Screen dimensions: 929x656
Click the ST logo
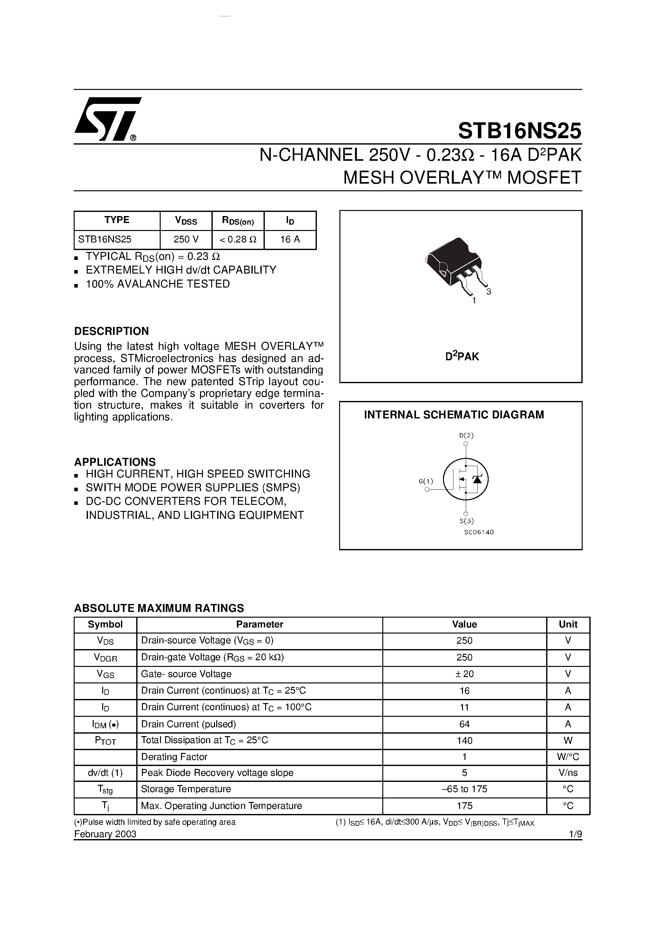pyautogui.click(x=106, y=119)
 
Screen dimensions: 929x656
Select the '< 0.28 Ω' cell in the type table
pyautogui.click(x=238, y=240)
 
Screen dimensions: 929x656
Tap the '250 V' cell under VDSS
pyautogui.click(x=186, y=240)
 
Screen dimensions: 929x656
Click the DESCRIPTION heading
pyautogui.click(x=111, y=331)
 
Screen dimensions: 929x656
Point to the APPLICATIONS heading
pyautogui.click(x=115, y=462)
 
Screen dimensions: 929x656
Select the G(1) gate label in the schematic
pyautogui.click(x=425, y=481)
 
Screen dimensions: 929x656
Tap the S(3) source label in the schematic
pyautogui.click(x=466, y=521)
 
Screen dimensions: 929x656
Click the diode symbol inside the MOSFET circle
pyautogui.click(x=478, y=479)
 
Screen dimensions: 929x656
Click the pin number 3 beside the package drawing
pyautogui.click(x=489, y=292)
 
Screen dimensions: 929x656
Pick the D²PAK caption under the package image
pyautogui.click(x=462, y=356)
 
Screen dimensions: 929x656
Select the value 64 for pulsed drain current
pyautogui.click(x=464, y=724)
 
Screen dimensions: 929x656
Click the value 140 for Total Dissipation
pyautogui.click(x=464, y=741)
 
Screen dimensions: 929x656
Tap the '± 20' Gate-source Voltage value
pyautogui.click(x=464, y=674)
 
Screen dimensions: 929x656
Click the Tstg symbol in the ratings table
pyautogui.click(x=105, y=790)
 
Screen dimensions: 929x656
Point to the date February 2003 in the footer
pyautogui.click(x=105, y=834)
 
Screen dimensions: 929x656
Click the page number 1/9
pyautogui.click(x=575, y=834)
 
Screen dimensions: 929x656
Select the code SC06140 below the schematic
pyautogui.click(x=479, y=532)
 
